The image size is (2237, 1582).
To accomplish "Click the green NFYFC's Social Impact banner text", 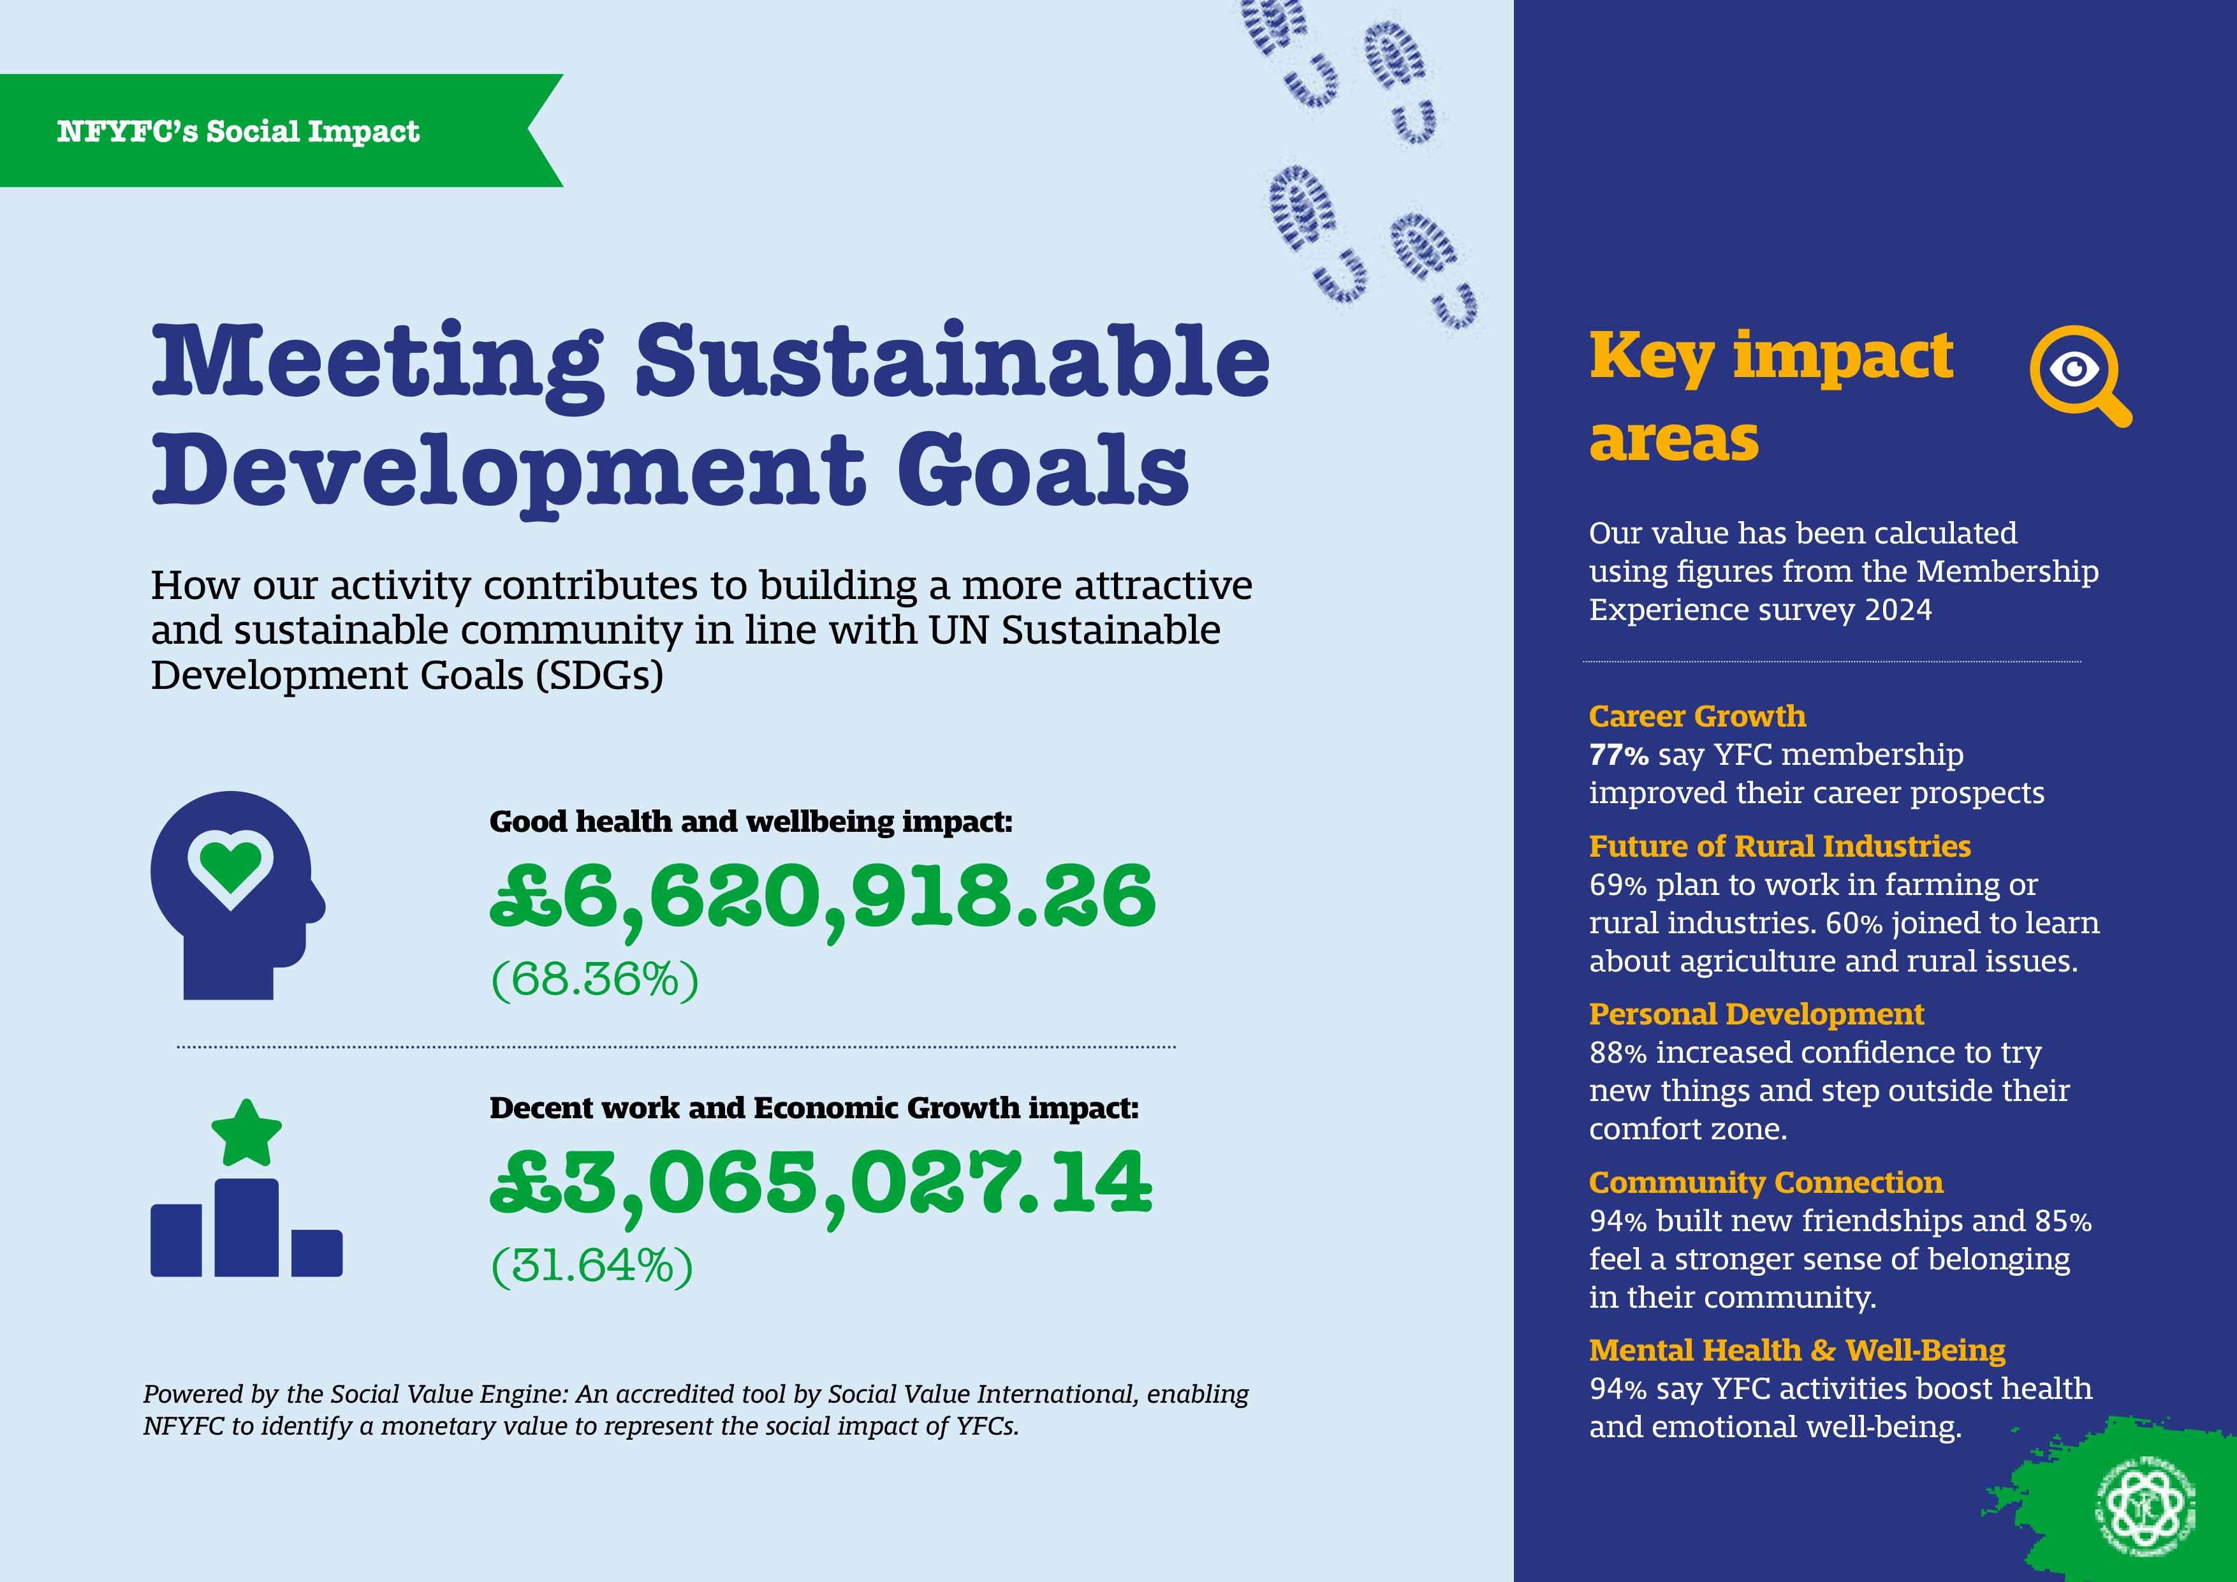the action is click(238, 131).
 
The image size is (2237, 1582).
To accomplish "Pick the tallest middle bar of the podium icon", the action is click(247, 1227).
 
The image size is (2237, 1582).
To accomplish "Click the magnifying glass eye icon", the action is click(2079, 375).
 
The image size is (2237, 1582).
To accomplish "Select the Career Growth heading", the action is click(1698, 716).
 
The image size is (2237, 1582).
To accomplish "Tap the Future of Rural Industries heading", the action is click(1780, 846).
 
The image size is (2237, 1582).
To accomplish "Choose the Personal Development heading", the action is click(1757, 1015).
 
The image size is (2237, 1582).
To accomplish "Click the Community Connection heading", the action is click(1766, 1183).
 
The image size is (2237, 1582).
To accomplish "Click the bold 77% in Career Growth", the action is click(1618, 755).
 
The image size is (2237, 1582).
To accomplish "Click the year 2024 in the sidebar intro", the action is click(1898, 610).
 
